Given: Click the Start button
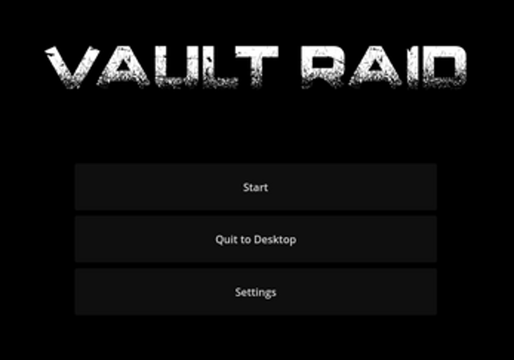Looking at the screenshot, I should [255, 187].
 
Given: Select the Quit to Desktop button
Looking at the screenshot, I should [255, 239].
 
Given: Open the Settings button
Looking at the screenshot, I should [255, 292].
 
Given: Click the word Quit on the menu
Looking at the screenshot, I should [226, 239].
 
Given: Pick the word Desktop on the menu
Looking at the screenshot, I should [275, 239].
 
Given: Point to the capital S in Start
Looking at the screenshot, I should [246, 187].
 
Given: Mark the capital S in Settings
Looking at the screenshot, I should [239, 292].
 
